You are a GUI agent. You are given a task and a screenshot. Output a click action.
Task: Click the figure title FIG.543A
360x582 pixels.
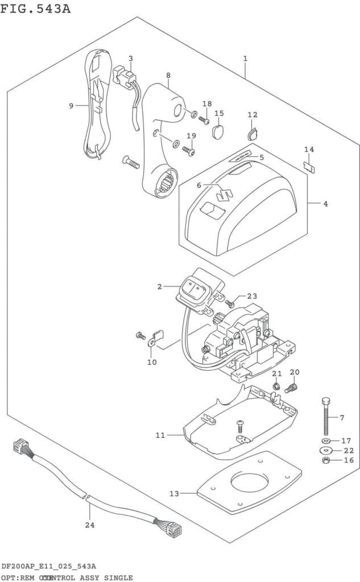pyautogui.click(x=36, y=9)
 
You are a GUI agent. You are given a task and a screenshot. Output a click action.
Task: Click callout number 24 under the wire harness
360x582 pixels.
pyautogui.click(x=89, y=525)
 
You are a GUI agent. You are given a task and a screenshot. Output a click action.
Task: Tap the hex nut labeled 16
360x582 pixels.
pyautogui.click(x=326, y=460)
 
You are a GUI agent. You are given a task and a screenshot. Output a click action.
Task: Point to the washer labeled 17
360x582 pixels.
pyautogui.click(x=326, y=440)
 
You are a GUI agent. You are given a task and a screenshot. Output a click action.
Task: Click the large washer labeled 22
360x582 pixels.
pyautogui.click(x=326, y=450)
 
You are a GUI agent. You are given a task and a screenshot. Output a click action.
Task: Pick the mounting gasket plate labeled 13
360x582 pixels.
pyautogui.click(x=249, y=482)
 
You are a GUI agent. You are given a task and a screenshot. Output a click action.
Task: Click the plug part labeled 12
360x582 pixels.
pyautogui.click(x=253, y=134)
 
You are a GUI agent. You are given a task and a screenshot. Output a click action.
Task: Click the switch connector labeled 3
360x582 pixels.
pyautogui.click(x=125, y=76)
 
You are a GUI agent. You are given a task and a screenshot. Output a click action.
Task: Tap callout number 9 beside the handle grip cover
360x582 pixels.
pyautogui.click(x=71, y=106)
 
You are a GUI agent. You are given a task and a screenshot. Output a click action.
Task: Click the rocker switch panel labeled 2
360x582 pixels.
pyautogui.click(x=193, y=291)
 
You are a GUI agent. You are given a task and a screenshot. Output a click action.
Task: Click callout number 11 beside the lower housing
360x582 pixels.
pyautogui.click(x=160, y=435)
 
